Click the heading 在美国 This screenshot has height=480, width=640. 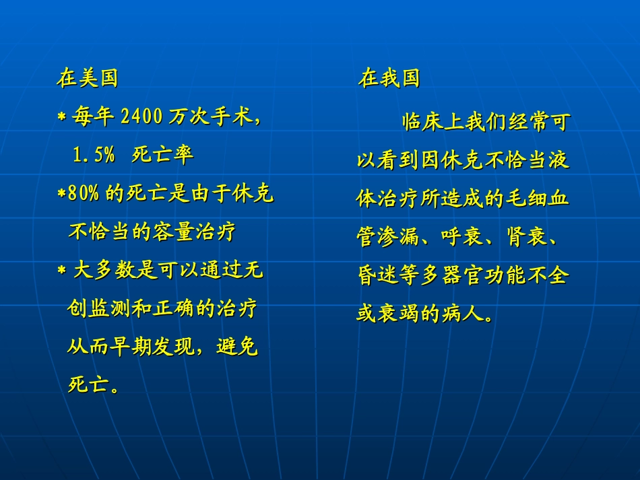coord(88,78)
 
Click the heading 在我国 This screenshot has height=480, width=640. coord(389,78)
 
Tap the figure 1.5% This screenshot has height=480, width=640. coord(94,156)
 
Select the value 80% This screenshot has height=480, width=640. coord(83,195)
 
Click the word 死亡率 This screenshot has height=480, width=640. coord(162,156)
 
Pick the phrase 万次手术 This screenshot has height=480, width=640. coord(209,117)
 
